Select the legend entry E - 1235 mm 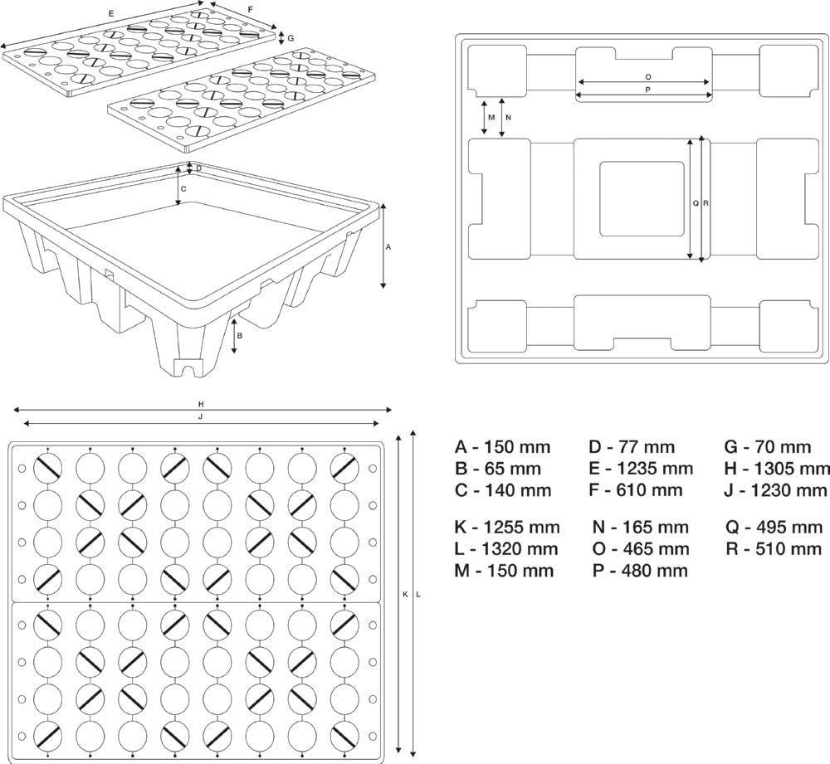point(641,469)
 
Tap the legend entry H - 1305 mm point(777,469)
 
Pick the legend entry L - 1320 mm point(506,548)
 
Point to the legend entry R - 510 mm point(774,548)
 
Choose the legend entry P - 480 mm point(640,570)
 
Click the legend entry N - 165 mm point(640,527)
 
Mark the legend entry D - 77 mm point(632,447)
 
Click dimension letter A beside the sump point(389,247)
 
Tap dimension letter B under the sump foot point(240,336)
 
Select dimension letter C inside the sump point(183,188)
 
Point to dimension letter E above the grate point(111,13)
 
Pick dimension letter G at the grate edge point(290,38)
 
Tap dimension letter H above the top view point(201,404)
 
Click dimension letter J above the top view point(201,416)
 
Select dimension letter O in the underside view point(647,75)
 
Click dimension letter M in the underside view point(491,118)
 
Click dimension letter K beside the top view point(405,594)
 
